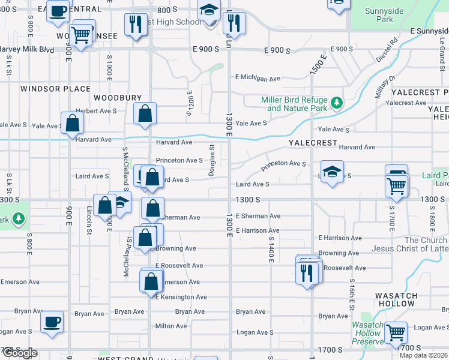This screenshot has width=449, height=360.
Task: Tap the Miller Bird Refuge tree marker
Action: pyautogui.click(x=337, y=103)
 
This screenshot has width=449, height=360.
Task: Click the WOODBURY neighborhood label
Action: pyautogui.click(x=118, y=97)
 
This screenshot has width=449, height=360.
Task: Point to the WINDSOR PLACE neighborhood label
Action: pyautogui.click(x=55, y=89)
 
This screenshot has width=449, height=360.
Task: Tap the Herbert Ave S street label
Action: pyautogui.click(x=95, y=111)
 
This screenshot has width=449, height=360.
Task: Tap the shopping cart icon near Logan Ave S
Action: pyautogui.click(x=396, y=332)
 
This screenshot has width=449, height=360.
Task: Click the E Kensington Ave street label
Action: pyautogui.click(x=181, y=297)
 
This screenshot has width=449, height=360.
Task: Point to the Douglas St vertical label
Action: pyautogui.click(x=211, y=160)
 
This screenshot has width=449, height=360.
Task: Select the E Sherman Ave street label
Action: pyautogui.click(x=258, y=216)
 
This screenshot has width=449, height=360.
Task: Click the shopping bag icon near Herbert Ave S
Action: pyautogui.click(x=145, y=113)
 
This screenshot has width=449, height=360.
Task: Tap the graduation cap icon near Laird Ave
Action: pyautogui.click(x=332, y=172)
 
